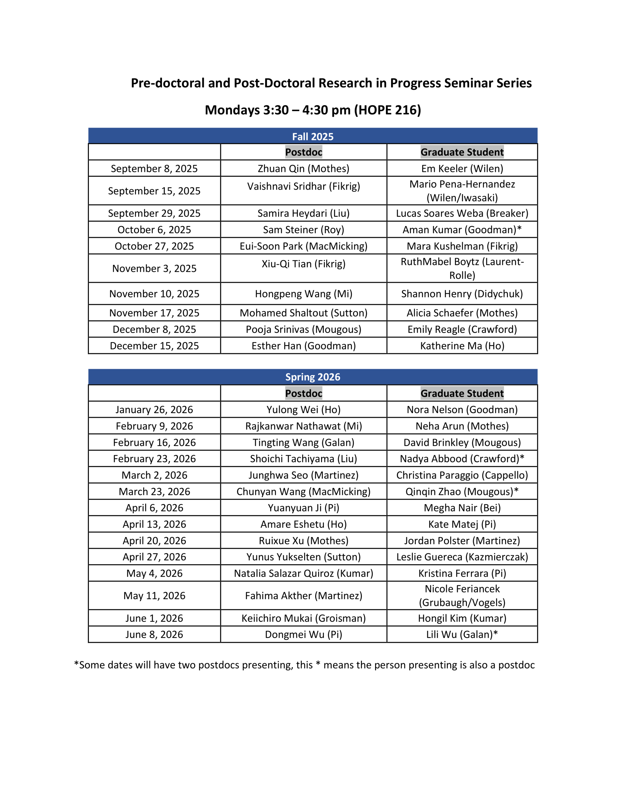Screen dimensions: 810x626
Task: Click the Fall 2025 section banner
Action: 313,136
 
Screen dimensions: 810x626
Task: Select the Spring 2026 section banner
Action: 313,377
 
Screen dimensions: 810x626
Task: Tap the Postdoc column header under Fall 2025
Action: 303,152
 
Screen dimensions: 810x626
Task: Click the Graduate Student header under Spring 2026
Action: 462,393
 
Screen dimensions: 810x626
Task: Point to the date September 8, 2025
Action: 154,169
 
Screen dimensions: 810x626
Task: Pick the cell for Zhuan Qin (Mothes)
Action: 303,169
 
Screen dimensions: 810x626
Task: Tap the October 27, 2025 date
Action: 154,246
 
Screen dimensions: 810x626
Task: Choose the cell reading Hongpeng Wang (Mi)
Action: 303,294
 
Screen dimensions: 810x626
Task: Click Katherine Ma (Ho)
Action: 462,346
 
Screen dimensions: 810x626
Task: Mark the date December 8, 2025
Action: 154,329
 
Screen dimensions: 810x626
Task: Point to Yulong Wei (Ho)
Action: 303,409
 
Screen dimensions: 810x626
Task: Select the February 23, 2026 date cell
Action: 154,459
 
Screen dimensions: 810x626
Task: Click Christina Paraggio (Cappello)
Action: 462,475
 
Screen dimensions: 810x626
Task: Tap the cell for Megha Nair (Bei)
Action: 462,508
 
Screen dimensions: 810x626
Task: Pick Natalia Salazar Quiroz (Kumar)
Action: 303,573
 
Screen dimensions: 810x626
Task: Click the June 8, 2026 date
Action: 154,634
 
